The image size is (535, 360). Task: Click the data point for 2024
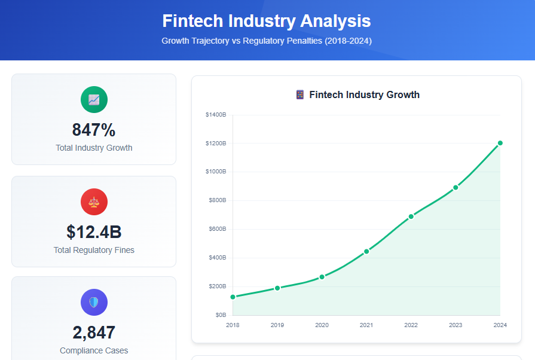[500, 143]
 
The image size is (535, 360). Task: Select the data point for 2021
[366, 251]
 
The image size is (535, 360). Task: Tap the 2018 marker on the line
[233, 297]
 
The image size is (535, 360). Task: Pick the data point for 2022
[411, 216]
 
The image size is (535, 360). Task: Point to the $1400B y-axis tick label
[215, 114]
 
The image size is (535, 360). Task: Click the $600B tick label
[216, 229]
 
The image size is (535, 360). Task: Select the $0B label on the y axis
[220, 315]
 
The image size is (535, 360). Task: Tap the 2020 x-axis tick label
[322, 325]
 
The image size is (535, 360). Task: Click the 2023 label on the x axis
[455, 325]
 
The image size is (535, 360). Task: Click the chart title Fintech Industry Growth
[364, 94]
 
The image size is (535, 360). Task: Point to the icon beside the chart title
[300, 94]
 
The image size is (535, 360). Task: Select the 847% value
[94, 130]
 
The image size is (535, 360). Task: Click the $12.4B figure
[94, 231]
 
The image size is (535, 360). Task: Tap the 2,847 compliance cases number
[94, 332]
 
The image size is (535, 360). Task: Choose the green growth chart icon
[94, 99]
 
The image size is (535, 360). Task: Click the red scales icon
[94, 202]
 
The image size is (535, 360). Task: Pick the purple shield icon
[94, 302]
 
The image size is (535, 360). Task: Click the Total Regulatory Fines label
[94, 250]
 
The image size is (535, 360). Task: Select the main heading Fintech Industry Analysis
[267, 21]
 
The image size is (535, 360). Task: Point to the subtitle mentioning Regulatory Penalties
[267, 41]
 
